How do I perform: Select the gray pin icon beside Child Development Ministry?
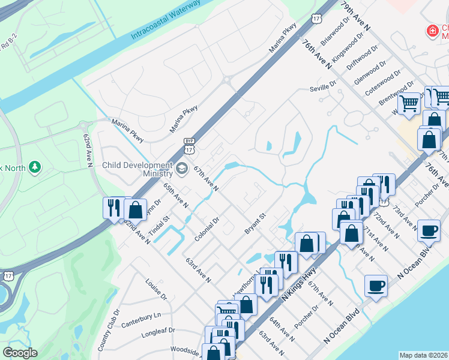[x=182, y=167]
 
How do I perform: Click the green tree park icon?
[x=35, y=167]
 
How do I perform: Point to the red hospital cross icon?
[x=431, y=31]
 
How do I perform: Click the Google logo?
[x=20, y=353]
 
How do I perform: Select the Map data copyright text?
[x=423, y=355]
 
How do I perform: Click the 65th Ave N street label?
[x=176, y=196]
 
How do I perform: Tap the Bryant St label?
[x=255, y=223]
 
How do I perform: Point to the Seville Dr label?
[x=323, y=87]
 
